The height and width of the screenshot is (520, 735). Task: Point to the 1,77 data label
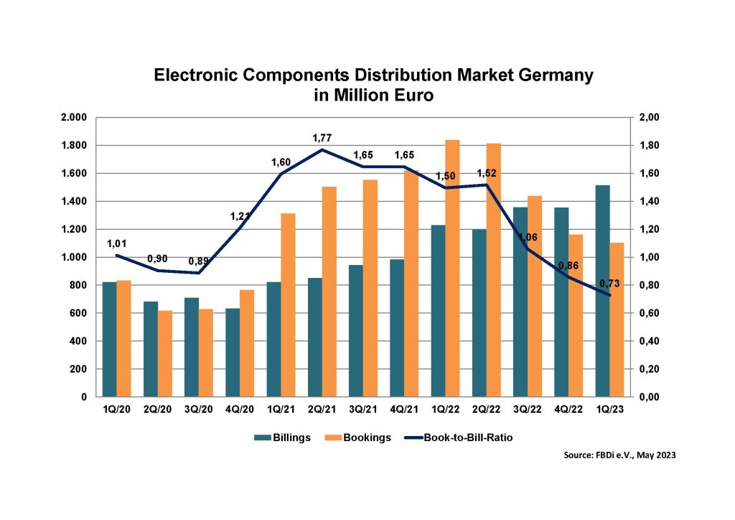pos(323,137)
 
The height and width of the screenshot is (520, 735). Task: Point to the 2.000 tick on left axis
pos(74,117)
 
